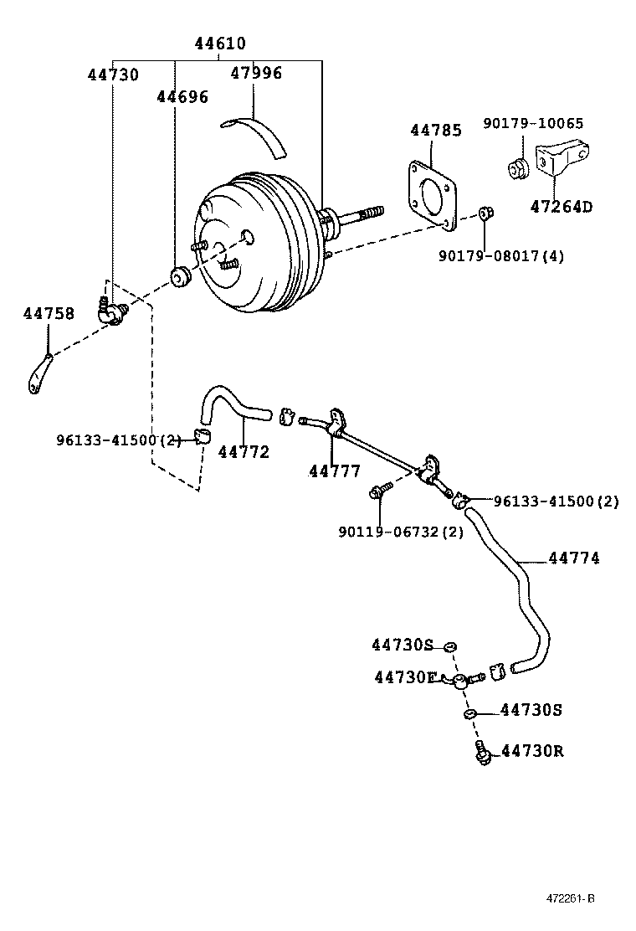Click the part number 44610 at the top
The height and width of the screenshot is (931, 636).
pos(220,44)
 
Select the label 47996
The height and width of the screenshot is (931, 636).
pos(256,73)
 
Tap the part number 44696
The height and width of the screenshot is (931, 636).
pos(182,97)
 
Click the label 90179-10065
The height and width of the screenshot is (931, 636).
pos(533,123)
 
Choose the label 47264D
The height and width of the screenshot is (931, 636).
pos(560,206)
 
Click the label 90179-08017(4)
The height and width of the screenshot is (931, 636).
pos(500,255)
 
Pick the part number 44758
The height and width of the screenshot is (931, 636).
pos(49,314)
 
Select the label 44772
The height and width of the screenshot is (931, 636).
pos(244,452)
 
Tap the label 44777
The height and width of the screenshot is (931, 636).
pos(334,471)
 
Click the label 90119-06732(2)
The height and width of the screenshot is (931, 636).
pos(400,532)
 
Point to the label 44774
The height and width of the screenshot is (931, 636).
pos(574,558)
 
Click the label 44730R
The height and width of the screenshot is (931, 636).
pos(532,751)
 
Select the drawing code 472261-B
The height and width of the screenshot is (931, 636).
pos(571,899)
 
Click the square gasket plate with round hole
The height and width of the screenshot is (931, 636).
pos(433,195)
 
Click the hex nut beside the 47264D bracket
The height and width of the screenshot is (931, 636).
pos(517,168)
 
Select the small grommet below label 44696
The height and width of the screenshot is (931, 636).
pos(180,276)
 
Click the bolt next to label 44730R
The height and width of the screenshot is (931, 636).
pos(481,752)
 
